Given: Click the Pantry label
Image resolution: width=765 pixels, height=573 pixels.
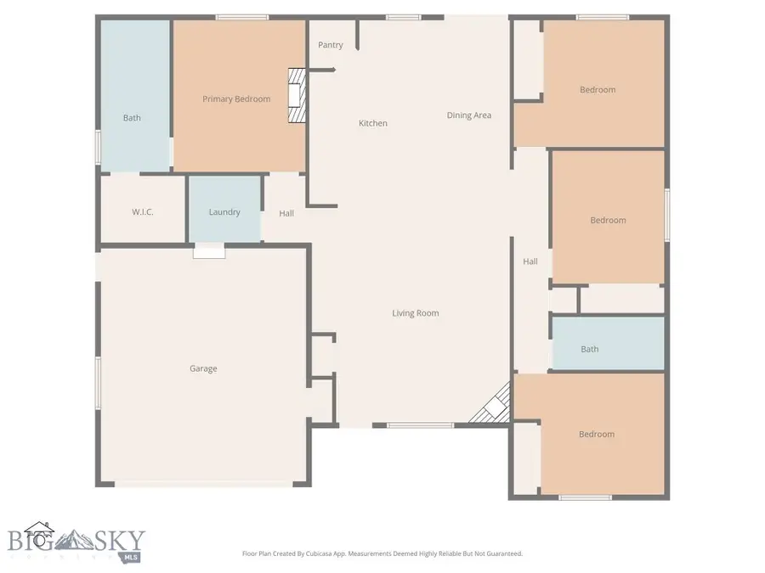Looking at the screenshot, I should [x=331, y=45].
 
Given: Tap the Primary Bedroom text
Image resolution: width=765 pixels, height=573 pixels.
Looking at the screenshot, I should [x=236, y=99].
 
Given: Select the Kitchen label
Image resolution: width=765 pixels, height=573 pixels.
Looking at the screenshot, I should [x=372, y=123].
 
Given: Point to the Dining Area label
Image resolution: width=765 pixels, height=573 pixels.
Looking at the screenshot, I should [x=469, y=115].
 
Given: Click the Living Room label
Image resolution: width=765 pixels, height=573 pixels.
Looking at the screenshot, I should [x=416, y=313].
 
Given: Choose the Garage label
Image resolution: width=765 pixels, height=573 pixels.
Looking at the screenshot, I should [x=203, y=368].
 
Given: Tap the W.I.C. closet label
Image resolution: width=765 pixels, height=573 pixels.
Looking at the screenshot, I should [x=143, y=211].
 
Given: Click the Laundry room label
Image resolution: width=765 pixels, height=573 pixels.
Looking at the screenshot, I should [x=224, y=212].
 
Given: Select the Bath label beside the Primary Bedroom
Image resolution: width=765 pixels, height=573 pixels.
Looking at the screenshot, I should [x=132, y=118].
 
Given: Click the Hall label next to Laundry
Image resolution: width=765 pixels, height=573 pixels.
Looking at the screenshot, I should [x=286, y=213].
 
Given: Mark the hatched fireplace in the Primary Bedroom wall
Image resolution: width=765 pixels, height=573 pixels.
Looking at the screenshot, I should [x=295, y=97].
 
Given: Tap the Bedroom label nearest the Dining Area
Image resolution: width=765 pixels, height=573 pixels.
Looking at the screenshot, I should [x=598, y=90].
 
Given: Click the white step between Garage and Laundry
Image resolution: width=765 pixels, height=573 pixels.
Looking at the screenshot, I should [x=209, y=250].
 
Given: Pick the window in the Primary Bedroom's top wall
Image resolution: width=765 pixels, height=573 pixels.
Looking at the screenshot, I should [x=241, y=17].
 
